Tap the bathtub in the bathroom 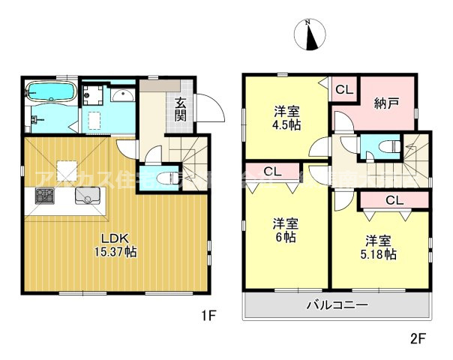[50, 93]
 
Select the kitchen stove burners [44, 198]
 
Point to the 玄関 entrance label [181, 109]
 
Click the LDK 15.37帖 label [114, 247]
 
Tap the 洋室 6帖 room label [284, 230]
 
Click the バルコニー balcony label [337, 306]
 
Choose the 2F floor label [417, 338]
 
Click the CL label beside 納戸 [343, 90]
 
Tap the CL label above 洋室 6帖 [272, 171]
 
